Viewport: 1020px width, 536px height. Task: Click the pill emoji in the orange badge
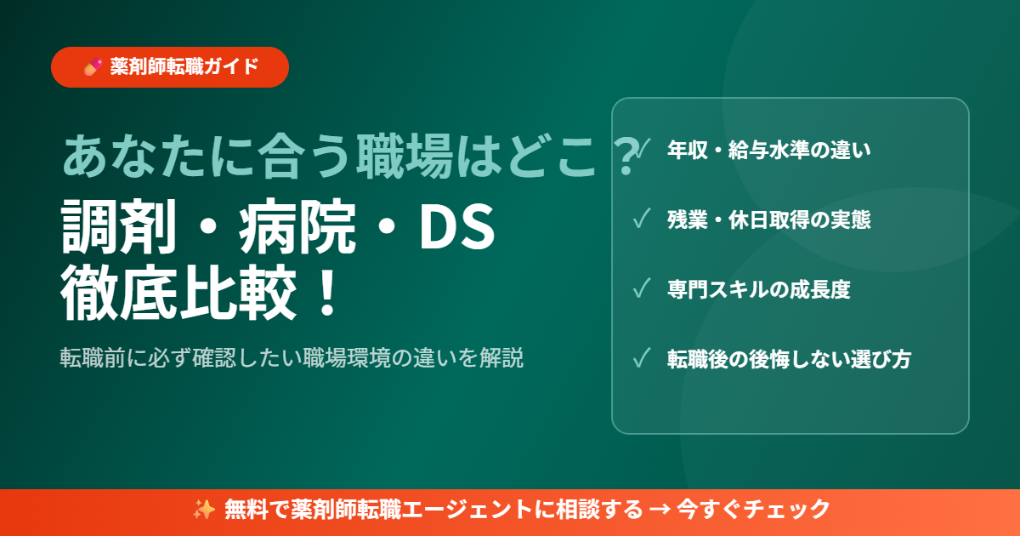pyautogui.click(x=93, y=67)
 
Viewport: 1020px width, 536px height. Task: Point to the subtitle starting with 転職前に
pyautogui.click(x=291, y=357)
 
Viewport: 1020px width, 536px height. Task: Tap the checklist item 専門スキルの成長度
pyautogui.click(x=759, y=289)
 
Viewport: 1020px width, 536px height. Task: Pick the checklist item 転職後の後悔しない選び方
pyautogui.click(x=790, y=359)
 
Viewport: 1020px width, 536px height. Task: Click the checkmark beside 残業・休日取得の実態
pyautogui.click(x=642, y=220)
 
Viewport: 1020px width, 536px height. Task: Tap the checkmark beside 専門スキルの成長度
pyautogui.click(x=642, y=289)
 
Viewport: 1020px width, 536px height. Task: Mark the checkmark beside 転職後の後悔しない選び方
pyautogui.click(x=642, y=359)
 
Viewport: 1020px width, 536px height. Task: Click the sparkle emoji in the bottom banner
pyautogui.click(x=203, y=510)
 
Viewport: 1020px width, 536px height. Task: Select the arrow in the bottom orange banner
pyautogui.click(x=658, y=510)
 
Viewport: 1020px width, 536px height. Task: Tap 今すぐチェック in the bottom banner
pyautogui.click(x=752, y=510)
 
